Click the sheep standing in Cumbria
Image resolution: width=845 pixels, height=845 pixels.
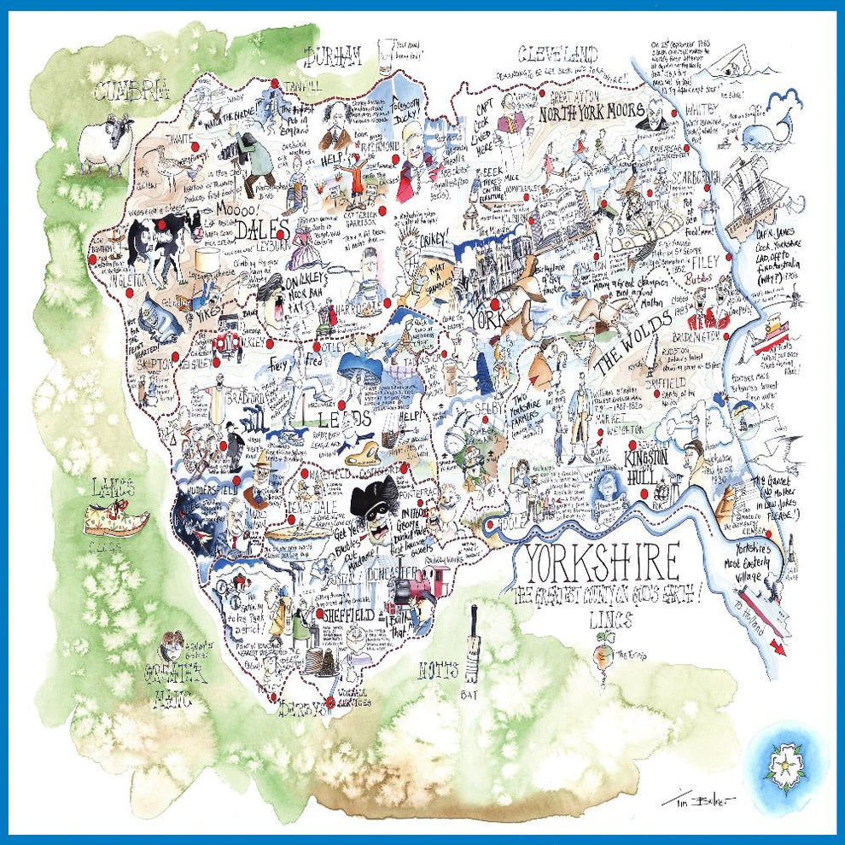[104, 147]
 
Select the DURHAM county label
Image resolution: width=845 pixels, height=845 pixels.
[333, 57]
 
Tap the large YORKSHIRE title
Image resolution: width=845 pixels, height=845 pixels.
[601, 562]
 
